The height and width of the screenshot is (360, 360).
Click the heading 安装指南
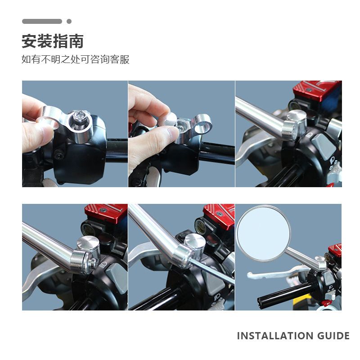pyautogui.click(x=53, y=41)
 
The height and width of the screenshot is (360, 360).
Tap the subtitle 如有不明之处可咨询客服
pyautogui.click(x=75, y=59)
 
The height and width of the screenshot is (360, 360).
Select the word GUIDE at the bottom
pyautogui.click(x=333, y=336)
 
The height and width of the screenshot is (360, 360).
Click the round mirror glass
pyautogui.click(x=264, y=234)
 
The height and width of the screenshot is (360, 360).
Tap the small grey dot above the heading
pyautogui.click(x=69, y=21)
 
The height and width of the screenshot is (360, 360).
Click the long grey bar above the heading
pyautogui.click(x=42, y=21)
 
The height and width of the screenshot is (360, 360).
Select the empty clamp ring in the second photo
pyautogui.click(x=202, y=124)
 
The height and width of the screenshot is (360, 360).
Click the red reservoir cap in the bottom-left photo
pyautogui.click(x=106, y=212)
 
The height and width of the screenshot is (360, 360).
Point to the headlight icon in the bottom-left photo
pyautogui.click(x=103, y=265)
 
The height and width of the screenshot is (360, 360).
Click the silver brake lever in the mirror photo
pyautogui.click(x=278, y=273)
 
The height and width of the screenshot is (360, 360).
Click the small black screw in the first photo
pyautogui.click(x=60, y=156)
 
